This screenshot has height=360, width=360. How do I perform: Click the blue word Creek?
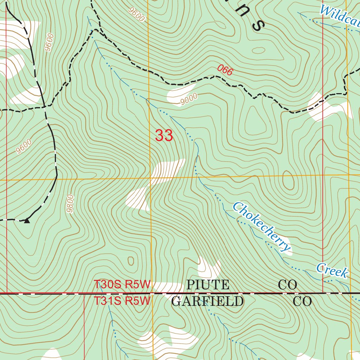pos(332,270)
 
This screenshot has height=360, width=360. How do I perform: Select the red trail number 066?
pos(225,70)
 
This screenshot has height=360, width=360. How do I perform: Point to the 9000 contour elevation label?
pos(189,99)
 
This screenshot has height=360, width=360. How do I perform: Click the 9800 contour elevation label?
pos(70,204)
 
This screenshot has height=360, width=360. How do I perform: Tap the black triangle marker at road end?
pos(27,221)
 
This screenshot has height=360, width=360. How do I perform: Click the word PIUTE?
pos(208,285)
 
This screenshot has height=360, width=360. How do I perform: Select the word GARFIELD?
pos(207,302)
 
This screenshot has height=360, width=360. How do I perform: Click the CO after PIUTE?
pos(288,285)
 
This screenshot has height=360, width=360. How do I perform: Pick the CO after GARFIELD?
pos(302,302)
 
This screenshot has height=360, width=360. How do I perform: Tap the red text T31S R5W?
pos(122,301)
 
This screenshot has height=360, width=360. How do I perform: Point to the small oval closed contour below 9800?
pos(131,261)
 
